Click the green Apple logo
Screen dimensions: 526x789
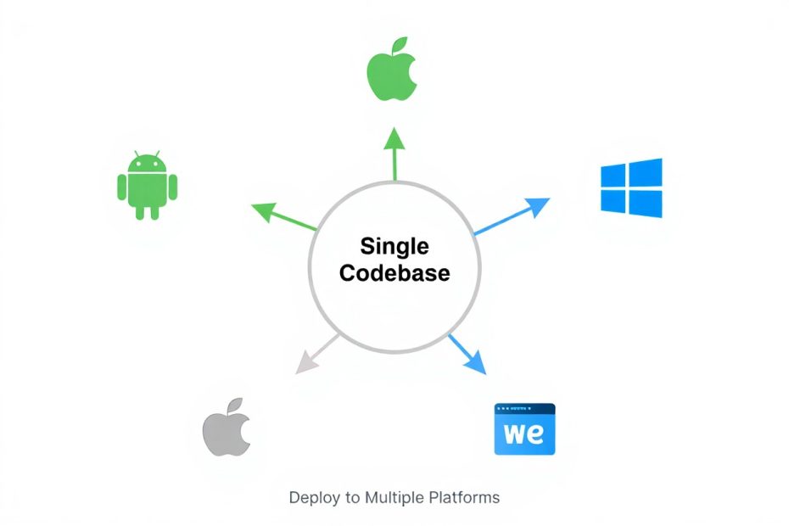(392, 72)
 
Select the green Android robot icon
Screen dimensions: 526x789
(147, 186)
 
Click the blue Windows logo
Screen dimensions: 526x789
(631, 187)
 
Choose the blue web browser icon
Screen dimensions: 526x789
(524, 428)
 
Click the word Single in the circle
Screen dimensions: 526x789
(394, 247)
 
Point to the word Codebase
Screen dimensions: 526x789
(394, 274)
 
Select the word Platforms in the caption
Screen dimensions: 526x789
(466, 497)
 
